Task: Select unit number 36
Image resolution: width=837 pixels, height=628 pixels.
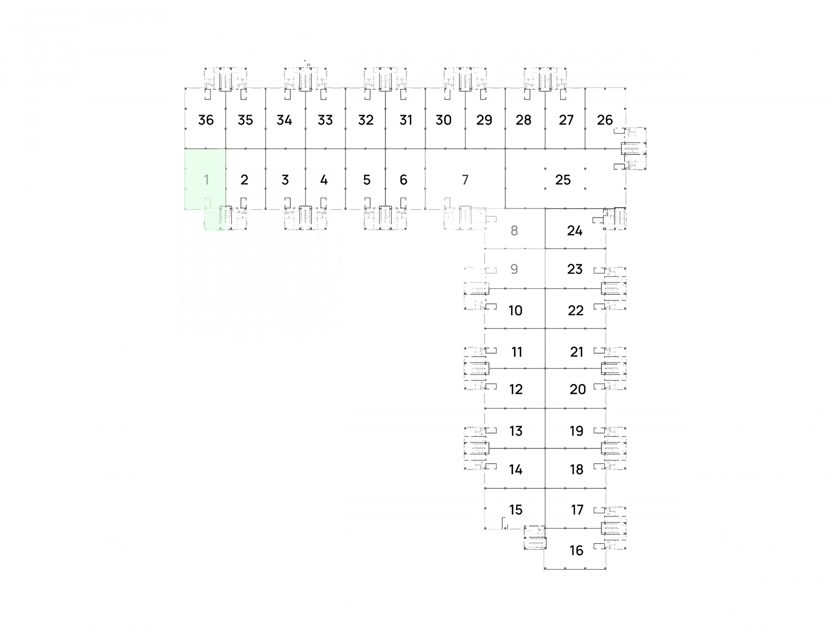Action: [206, 120]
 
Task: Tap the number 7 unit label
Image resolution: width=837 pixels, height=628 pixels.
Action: [465, 180]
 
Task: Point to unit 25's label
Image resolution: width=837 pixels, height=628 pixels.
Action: [563, 180]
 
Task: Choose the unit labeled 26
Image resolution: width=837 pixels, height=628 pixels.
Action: [605, 120]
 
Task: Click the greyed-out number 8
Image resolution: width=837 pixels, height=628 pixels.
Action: [514, 231]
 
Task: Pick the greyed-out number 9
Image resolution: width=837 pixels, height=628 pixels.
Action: [514, 269]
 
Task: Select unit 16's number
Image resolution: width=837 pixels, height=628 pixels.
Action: [576, 550]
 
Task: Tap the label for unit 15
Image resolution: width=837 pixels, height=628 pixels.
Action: [516, 510]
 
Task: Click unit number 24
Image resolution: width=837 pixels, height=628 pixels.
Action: [575, 231]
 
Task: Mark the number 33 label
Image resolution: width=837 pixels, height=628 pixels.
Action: [325, 120]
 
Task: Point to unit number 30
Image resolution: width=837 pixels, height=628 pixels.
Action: [443, 120]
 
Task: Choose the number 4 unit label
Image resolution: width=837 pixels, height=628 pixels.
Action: [324, 180]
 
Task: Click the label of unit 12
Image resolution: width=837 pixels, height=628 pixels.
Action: [516, 389]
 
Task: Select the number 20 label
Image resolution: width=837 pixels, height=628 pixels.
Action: [578, 389]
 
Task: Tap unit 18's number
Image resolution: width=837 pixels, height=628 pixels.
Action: [576, 470]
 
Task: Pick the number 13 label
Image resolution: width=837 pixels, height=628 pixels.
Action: [516, 431]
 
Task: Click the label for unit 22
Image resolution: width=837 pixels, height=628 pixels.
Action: [575, 311]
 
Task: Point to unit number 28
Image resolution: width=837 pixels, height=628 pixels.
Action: [523, 120]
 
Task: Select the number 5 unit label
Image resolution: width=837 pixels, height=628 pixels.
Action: [367, 180]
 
